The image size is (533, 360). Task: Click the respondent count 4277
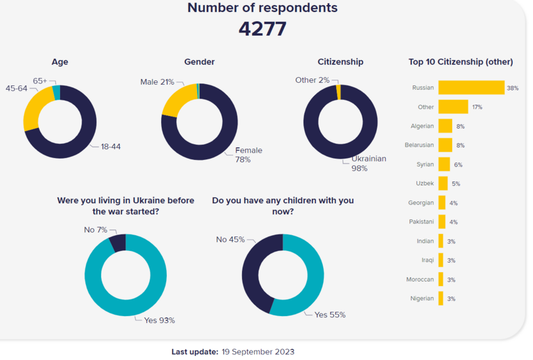262,29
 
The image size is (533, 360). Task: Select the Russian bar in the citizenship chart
471,88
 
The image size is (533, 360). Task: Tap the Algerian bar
445,126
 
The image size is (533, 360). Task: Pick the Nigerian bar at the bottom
441,299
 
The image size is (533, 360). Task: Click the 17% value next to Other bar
477,107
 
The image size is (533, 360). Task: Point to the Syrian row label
425,164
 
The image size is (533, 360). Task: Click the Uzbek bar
443,184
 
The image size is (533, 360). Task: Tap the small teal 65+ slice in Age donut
56,93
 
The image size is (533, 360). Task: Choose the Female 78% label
248,155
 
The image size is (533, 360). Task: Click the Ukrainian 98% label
368,163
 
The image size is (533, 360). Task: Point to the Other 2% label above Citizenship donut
312,80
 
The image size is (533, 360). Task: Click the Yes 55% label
330,315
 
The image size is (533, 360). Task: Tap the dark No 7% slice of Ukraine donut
118,243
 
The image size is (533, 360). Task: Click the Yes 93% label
159,320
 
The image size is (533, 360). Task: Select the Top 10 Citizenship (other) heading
460,62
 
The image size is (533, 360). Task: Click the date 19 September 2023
258,352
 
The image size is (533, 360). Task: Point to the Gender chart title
199,62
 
